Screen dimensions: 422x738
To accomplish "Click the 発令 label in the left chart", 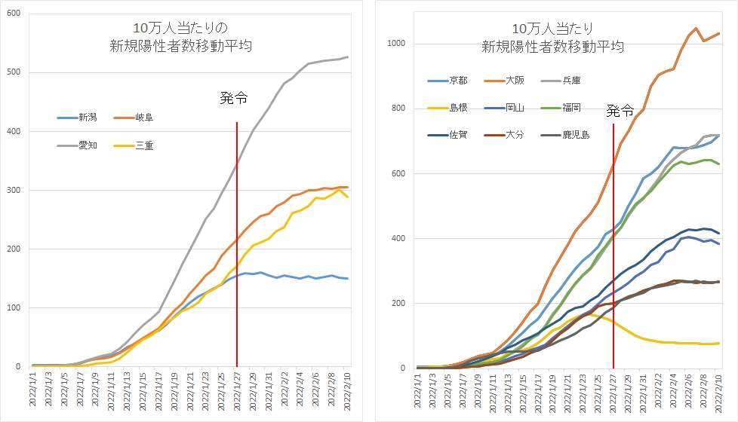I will point(233,98).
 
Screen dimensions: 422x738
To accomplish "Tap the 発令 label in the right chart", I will point(620,112).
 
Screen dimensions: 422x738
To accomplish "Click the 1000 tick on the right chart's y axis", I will point(398,44).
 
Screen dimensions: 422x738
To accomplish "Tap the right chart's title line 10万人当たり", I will point(552,29).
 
